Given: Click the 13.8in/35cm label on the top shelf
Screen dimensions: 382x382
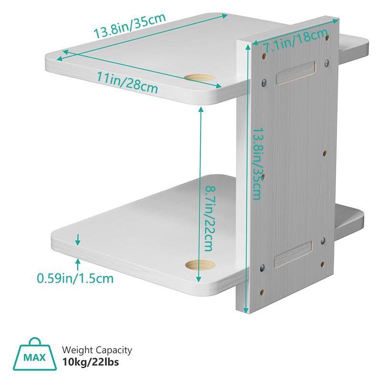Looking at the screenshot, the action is click(x=129, y=26).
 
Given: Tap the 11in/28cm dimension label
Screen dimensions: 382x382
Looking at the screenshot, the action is click(x=127, y=82).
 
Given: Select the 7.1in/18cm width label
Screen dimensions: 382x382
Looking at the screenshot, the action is click(x=296, y=41).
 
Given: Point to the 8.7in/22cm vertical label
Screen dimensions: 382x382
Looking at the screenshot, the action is click(x=210, y=218).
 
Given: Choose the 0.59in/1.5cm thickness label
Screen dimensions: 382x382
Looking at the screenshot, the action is click(x=75, y=278).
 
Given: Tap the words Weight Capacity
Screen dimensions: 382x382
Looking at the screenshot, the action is click(x=97, y=350).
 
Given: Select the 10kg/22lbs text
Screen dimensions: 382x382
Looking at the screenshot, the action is click(x=91, y=362).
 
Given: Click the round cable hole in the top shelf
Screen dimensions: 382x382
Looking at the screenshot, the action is click(x=200, y=78).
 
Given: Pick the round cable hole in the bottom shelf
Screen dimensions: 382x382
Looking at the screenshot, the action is click(x=200, y=265).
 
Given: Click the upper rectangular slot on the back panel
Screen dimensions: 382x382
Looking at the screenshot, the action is click(x=296, y=73).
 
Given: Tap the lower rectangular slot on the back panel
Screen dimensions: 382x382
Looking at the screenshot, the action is click(x=293, y=255).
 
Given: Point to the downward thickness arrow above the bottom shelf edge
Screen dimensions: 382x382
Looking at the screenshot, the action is click(x=78, y=240).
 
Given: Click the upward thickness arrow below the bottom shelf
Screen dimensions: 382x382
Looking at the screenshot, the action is click(x=78, y=265).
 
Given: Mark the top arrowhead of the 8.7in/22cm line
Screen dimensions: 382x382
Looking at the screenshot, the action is click(x=201, y=109).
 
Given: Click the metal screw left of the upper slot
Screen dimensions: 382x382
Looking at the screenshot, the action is click(x=264, y=82).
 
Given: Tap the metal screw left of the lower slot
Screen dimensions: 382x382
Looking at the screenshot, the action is click(x=262, y=268).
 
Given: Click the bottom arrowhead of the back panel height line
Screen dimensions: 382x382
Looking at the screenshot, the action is click(x=246, y=311).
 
